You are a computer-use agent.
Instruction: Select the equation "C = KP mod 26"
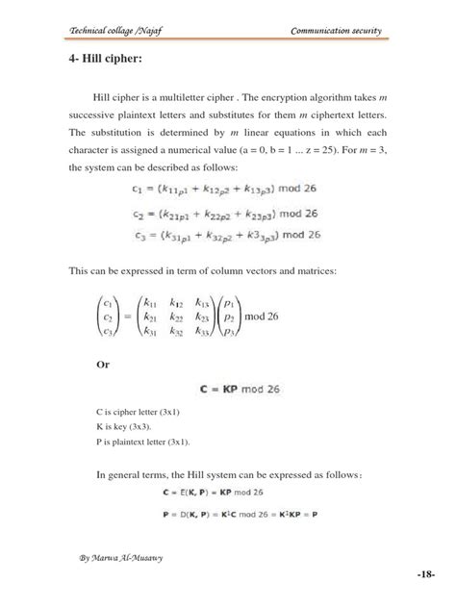(x=241, y=391)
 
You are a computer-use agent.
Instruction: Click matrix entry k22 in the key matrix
(x=176, y=315)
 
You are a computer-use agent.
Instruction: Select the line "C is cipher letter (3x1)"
(x=144, y=412)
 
